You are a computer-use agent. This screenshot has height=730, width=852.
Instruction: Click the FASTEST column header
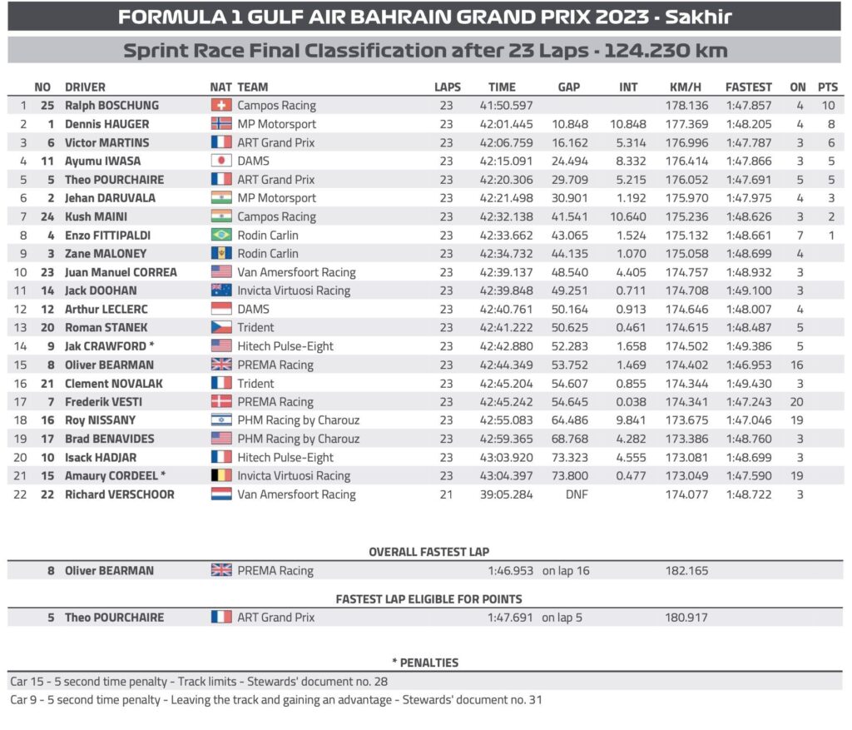(x=748, y=87)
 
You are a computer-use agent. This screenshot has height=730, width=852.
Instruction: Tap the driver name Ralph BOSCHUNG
(x=111, y=106)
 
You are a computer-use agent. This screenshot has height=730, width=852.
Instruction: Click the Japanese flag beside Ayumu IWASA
(x=221, y=161)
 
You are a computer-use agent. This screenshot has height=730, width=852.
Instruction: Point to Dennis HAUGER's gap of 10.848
(x=570, y=124)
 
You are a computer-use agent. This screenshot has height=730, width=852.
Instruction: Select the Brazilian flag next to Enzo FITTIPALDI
(x=221, y=235)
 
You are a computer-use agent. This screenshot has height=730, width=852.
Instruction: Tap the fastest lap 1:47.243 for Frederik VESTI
(x=748, y=401)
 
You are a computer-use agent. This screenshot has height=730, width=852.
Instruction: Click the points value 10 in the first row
(x=827, y=106)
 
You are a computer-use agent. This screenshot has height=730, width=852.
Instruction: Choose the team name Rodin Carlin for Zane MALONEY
(x=268, y=254)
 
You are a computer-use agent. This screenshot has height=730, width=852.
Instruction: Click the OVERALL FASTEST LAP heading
(x=428, y=552)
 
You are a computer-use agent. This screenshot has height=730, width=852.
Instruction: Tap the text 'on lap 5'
(x=561, y=618)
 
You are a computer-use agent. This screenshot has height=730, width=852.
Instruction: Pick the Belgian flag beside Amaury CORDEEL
(x=221, y=475)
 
